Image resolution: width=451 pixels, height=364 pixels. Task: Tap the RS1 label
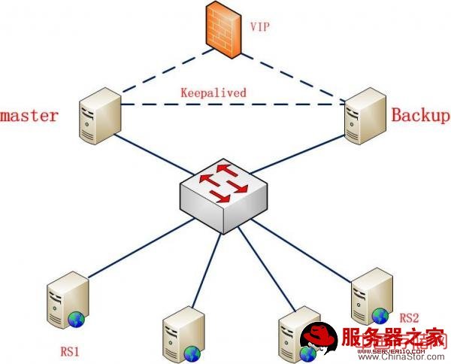tap(70, 350)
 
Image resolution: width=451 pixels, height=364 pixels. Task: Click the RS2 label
tap(410, 317)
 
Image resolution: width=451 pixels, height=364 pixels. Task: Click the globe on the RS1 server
tap(77, 320)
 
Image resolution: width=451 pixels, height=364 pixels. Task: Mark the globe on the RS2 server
tap(380, 314)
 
